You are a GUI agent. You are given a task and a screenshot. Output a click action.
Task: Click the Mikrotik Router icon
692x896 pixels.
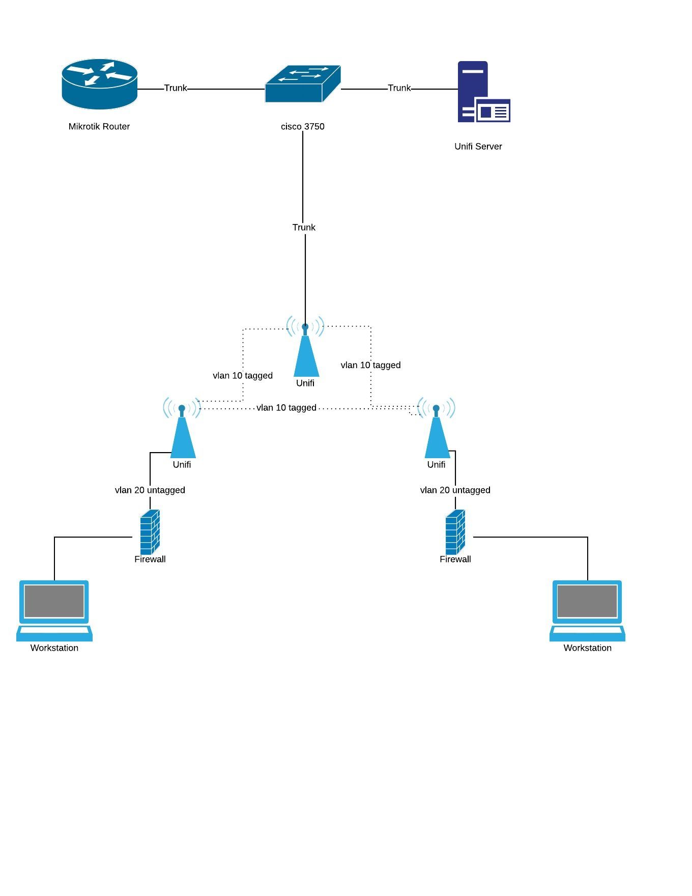click(x=99, y=84)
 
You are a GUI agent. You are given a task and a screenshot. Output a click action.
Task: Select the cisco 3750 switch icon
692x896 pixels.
click(x=302, y=83)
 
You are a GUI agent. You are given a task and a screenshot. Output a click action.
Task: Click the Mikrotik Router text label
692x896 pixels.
click(x=99, y=127)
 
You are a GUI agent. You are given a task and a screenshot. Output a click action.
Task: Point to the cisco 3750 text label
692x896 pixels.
click(x=303, y=127)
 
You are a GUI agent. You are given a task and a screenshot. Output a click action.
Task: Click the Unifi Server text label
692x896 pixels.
click(x=478, y=147)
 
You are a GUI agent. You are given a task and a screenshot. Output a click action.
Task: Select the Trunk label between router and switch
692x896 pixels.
click(x=176, y=88)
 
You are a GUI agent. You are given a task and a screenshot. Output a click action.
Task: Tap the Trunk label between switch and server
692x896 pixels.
click(x=399, y=88)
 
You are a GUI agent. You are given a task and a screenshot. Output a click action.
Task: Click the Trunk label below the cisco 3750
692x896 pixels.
click(x=304, y=228)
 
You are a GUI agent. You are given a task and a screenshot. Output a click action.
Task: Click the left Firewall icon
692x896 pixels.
click(x=150, y=532)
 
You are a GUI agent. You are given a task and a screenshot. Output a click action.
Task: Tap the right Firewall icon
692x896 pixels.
click(x=455, y=532)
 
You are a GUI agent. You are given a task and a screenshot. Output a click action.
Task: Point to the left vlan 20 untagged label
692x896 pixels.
click(x=150, y=490)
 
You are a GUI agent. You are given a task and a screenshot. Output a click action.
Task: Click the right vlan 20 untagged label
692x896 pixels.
click(x=455, y=490)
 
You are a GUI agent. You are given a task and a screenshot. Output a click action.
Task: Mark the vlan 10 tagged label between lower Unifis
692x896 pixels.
click(x=286, y=408)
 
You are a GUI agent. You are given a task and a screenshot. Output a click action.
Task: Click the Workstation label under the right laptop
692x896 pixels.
click(x=587, y=648)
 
